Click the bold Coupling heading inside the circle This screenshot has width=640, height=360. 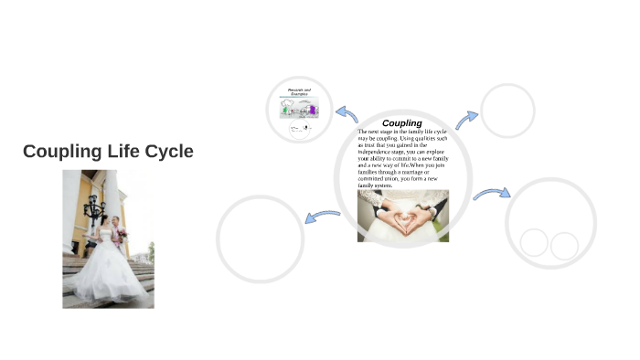point(401,122)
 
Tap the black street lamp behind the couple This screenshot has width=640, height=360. point(94,208)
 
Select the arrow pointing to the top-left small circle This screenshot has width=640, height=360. point(347,113)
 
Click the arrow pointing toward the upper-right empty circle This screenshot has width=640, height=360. point(466,119)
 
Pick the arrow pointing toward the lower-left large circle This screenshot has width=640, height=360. point(322,217)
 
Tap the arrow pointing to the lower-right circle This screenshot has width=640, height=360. point(491,194)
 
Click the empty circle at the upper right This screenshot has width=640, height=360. point(507,111)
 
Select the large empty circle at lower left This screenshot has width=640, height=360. point(260,238)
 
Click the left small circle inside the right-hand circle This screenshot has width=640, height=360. point(534,243)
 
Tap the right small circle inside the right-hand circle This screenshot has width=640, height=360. point(564,245)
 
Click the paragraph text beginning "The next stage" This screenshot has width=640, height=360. point(402,158)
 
